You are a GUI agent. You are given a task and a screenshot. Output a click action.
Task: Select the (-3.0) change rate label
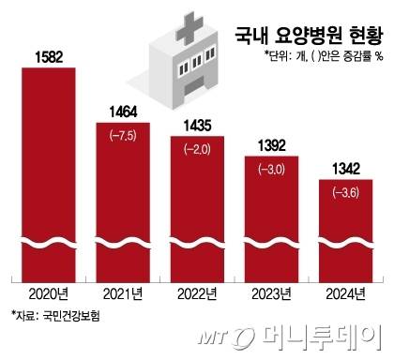pos(273,169)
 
